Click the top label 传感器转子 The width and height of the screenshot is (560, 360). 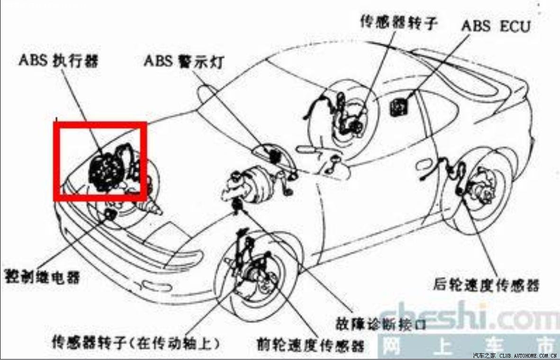[397, 22]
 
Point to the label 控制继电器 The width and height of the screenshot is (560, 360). [42, 276]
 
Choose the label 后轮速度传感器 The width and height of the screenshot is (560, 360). [486, 285]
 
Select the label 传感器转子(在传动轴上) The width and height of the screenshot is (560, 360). [137, 342]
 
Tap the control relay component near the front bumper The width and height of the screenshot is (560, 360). [110, 215]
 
